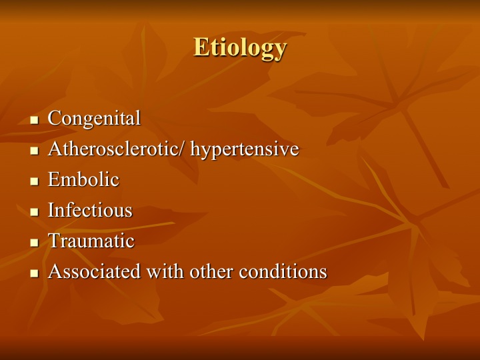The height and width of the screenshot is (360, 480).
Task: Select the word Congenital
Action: (x=94, y=119)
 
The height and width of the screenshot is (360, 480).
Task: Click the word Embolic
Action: (x=83, y=179)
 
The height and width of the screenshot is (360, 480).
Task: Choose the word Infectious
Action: (x=90, y=210)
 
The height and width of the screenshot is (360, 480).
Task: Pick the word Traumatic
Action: (x=91, y=241)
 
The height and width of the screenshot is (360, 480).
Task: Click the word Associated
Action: (x=94, y=271)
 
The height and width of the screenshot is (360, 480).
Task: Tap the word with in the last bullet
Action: (x=165, y=271)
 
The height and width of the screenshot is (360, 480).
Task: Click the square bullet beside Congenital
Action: (x=35, y=120)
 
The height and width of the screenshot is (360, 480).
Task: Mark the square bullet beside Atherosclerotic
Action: (x=35, y=151)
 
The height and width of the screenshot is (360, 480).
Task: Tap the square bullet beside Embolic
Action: (x=35, y=181)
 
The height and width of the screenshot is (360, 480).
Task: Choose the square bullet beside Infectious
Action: (x=35, y=212)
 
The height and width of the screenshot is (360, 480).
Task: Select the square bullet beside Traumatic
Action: (x=35, y=243)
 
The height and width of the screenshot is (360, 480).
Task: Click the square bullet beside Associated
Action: (x=35, y=273)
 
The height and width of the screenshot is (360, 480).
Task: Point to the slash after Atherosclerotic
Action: (x=183, y=149)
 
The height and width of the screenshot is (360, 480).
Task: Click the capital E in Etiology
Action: (x=201, y=47)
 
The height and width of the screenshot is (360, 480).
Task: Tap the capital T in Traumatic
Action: (x=55, y=241)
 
